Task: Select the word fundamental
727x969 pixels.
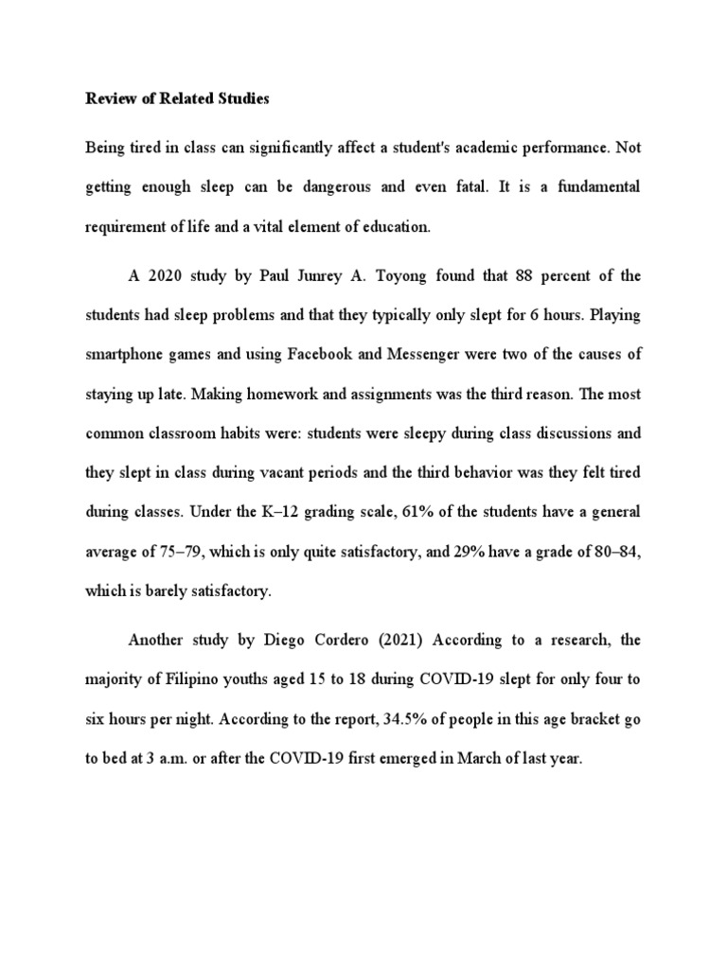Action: point(596,187)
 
